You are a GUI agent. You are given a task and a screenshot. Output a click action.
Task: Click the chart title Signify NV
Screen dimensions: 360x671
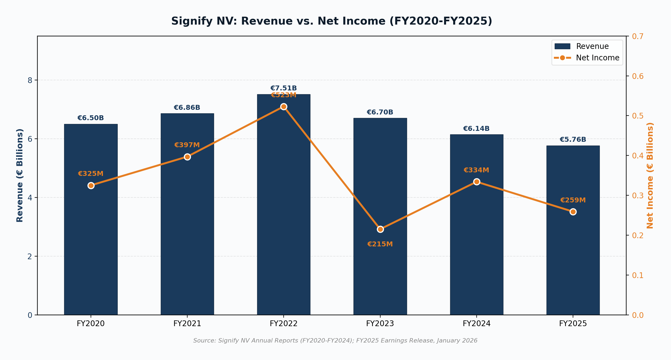point(331,21)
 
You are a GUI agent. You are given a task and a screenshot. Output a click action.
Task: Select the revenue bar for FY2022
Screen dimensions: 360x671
point(283,219)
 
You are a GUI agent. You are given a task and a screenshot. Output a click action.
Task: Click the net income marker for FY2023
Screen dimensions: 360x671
point(380,229)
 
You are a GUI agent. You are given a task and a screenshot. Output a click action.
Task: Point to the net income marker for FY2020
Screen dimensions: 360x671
point(91,185)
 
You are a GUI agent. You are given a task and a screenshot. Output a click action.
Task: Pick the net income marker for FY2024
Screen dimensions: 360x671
point(477,182)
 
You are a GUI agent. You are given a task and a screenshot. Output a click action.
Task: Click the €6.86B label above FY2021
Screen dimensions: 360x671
point(187,108)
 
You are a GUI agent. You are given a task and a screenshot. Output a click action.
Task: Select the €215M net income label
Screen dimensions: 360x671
point(380,244)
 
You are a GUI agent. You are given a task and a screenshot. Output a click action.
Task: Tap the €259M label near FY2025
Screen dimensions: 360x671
point(573,200)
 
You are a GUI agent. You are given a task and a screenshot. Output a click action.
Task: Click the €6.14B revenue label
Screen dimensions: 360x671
point(476,129)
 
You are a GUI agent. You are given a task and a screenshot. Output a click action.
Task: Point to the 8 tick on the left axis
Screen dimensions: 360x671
point(30,80)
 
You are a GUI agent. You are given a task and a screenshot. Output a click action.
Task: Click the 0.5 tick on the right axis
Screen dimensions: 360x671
point(638,116)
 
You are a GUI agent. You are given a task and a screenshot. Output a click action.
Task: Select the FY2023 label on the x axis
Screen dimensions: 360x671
point(380,324)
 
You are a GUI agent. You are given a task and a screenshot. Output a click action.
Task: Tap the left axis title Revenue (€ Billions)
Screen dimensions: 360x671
point(20,175)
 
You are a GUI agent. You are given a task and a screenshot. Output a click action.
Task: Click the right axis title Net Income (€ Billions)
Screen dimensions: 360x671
point(650,175)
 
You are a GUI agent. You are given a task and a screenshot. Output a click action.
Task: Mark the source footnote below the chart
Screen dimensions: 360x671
point(335,341)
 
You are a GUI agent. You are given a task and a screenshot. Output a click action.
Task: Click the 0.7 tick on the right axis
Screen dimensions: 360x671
point(638,36)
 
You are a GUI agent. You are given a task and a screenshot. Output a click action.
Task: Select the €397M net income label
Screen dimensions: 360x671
point(187,145)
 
